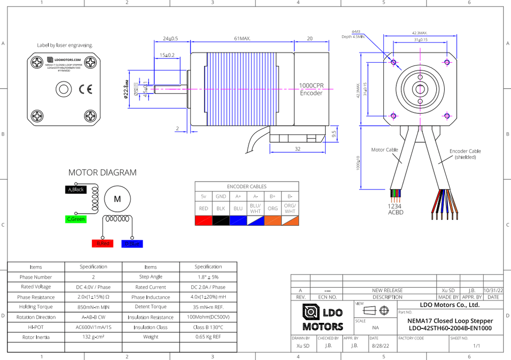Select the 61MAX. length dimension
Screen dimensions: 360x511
point(242,39)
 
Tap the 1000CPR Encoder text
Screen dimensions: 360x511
point(311,90)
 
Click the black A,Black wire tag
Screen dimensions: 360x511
point(76,190)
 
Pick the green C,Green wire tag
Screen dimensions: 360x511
point(76,219)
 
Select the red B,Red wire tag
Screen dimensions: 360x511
point(102,243)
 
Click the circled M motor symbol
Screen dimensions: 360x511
point(117,199)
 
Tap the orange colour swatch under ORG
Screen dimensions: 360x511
point(273,221)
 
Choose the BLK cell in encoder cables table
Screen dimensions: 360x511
point(221,209)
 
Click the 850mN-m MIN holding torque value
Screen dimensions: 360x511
point(93,307)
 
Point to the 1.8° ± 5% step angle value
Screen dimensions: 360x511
point(208,277)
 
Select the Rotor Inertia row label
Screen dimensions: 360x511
point(36,337)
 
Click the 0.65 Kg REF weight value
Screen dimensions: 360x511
point(208,337)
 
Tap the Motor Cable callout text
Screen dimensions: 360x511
point(385,150)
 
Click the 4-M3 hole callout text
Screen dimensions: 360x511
point(356,32)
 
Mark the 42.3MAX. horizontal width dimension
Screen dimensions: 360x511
point(419,33)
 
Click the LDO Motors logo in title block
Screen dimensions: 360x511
point(322,318)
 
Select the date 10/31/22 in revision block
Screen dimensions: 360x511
point(493,290)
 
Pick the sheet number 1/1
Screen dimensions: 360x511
point(476,346)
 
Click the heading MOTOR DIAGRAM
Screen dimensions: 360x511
point(102,173)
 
